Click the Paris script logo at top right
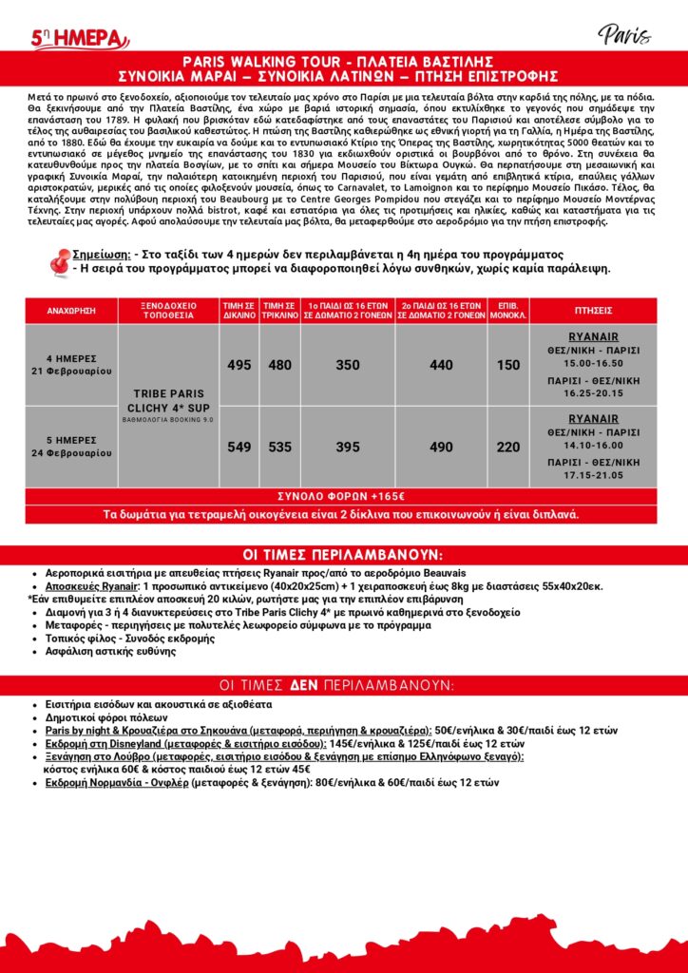(x=624, y=35)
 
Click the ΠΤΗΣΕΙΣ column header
(x=593, y=311)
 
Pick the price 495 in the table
(x=239, y=365)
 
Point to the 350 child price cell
(x=348, y=365)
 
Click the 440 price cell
(x=441, y=365)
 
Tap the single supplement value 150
(x=508, y=365)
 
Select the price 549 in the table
(x=239, y=447)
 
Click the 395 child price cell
(x=348, y=447)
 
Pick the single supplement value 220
(x=508, y=447)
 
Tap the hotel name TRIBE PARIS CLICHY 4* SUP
(x=168, y=401)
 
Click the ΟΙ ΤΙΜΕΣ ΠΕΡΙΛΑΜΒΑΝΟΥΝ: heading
(x=344, y=556)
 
